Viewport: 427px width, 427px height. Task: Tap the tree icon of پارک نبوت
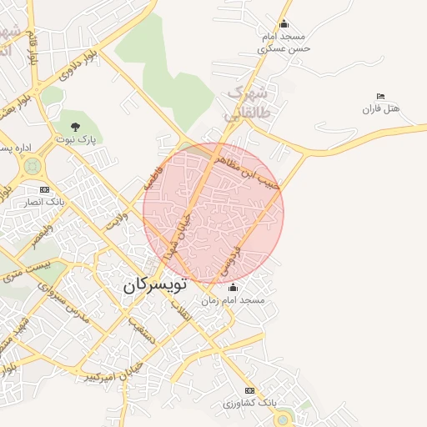pyautogui.click(x=76, y=127)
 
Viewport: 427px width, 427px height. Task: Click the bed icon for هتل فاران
pyautogui.click(x=381, y=97)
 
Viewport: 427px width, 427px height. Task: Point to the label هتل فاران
pyautogui.click(x=382, y=109)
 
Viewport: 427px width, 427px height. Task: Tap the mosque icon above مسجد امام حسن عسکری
pyautogui.click(x=284, y=24)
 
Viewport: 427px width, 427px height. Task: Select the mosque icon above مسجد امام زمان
pyautogui.click(x=233, y=287)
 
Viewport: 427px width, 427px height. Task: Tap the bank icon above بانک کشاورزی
pyautogui.click(x=249, y=390)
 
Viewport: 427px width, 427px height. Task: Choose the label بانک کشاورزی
pyautogui.click(x=249, y=403)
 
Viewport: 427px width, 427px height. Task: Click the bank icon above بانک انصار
pyautogui.click(x=44, y=189)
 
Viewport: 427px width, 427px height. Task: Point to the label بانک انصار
pyautogui.click(x=45, y=203)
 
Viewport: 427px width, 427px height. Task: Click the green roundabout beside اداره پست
pyautogui.click(x=33, y=166)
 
